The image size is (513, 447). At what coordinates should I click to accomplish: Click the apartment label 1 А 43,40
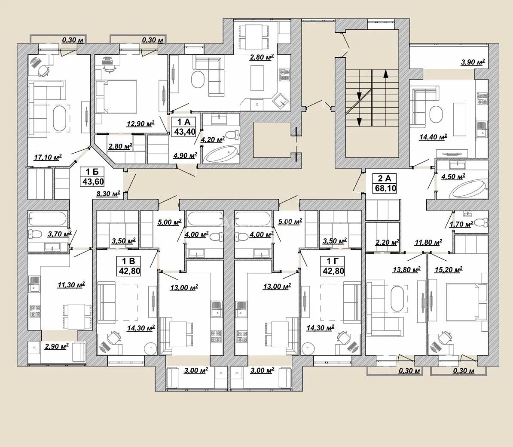tap(184, 127)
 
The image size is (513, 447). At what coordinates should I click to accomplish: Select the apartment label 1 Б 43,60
tap(92, 176)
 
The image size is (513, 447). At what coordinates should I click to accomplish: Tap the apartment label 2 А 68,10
tap(385, 183)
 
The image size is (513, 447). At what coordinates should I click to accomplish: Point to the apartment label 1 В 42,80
tap(128, 266)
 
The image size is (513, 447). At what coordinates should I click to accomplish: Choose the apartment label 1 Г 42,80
tap(333, 266)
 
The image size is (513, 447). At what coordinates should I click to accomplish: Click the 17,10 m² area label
tap(48, 157)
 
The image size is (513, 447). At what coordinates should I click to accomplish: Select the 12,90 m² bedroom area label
tap(140, 124)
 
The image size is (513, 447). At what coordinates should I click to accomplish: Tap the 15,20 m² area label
tap(449, 270)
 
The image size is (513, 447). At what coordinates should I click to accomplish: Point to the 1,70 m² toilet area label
tap(461, 225)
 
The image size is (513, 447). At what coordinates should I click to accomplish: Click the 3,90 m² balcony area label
tap(473, 62)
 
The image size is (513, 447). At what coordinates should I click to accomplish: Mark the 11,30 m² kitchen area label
tap(71, 285)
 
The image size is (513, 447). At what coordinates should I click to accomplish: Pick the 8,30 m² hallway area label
tap(108, 194)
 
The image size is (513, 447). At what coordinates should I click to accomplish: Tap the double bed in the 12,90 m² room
tap(116, 97)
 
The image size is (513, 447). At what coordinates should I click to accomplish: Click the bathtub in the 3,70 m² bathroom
tap(48, 218)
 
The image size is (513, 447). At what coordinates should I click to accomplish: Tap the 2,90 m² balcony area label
tap(57, 346)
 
